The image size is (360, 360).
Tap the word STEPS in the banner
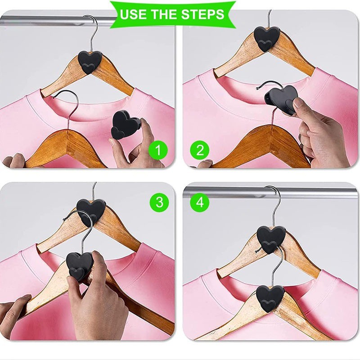[202, 14]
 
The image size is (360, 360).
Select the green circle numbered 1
[158, 150]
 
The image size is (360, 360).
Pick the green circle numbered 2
[200, 150]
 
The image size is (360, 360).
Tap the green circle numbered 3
[159, 202]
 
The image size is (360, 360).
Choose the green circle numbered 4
[200, 202]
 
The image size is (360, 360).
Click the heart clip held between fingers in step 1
[125, 125]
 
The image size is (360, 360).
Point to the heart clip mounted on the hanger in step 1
[89, 62]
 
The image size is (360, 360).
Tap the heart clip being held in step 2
[281, 99]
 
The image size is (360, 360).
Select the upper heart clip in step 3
[91, 211]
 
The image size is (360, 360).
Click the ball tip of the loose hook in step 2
[257, 88]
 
